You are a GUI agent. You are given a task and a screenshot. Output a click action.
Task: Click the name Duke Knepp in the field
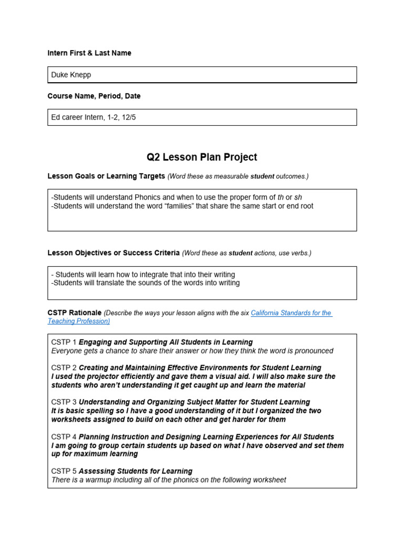(71, 75)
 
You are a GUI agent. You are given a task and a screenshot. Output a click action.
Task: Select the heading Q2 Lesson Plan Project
(202, 157)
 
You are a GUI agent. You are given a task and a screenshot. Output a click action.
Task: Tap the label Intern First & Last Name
(89, 53)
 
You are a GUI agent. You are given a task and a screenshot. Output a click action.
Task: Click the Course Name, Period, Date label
(94, 96)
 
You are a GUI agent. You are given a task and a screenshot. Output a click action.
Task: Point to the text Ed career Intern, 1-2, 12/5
(93, 117)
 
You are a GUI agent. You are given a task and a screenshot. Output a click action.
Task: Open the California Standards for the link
(291, 313)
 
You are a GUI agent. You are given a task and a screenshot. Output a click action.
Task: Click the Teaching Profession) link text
(78, 321)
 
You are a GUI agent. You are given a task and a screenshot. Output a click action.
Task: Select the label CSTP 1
(64, 342)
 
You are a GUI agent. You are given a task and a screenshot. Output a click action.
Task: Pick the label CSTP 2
(64, 367)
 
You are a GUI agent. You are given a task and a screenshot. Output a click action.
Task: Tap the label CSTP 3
(64, 402)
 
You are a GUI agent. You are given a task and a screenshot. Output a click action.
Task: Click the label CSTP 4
(64, 437)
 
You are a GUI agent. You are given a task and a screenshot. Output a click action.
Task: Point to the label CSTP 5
(64, 471)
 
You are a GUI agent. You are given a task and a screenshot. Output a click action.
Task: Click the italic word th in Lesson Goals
(280, 197)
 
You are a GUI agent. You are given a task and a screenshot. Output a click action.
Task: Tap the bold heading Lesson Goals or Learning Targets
(106, 176)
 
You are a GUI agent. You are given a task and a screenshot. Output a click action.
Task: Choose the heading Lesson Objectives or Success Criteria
(114, 253)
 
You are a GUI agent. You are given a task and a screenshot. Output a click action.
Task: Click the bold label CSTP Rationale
(74, 313)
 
